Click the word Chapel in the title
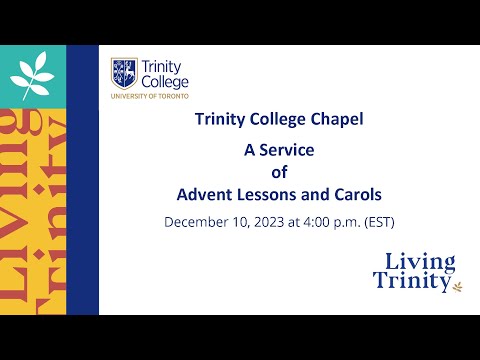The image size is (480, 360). click(x=336, y=120)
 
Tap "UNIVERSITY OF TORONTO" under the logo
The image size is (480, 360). click(x=150, y=97)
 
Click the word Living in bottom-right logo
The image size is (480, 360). click(x=420, y=263)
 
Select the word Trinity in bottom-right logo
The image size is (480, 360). click(x=410, y=283)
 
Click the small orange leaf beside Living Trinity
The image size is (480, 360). click(x=459, y=286)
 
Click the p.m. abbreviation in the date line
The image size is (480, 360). click(x=345, y=220)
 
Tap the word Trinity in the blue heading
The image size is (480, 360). click(x=220, y=120)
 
